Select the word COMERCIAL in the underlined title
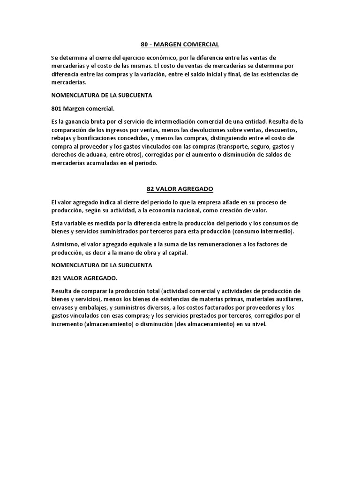point(200,45)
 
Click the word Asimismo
point(66,244)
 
